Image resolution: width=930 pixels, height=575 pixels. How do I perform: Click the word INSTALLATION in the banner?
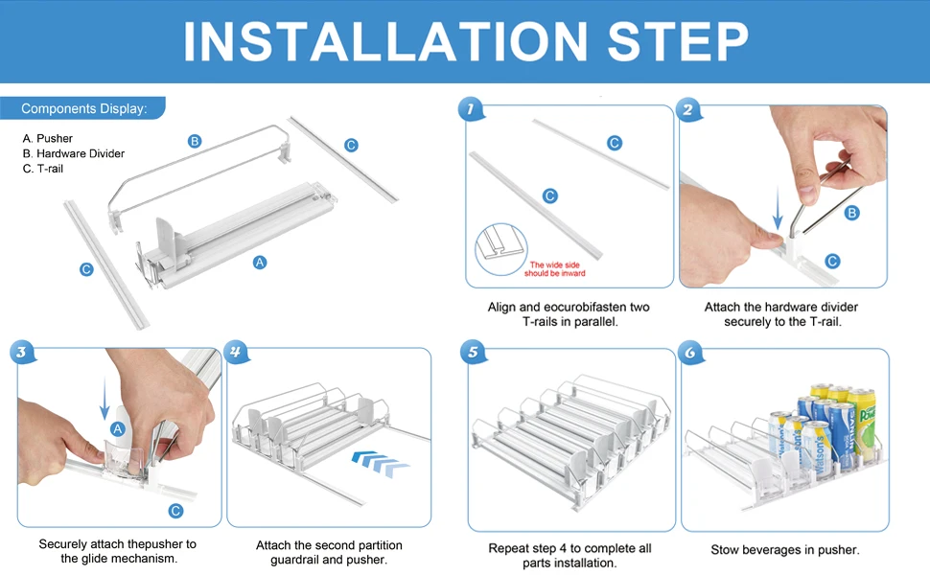[385, 41]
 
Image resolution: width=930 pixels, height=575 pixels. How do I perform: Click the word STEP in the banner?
[678, 41]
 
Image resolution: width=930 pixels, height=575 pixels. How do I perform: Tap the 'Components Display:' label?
[83, 108]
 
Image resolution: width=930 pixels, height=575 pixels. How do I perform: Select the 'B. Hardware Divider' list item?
[74, 153]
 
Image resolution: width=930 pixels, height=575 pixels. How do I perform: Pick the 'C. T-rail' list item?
[43, 169]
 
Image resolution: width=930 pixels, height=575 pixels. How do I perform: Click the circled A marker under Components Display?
[260, 262]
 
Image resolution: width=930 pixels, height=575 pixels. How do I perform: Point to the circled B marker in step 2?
[851, 213]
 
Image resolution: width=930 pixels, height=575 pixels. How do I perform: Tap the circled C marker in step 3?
[175, 511]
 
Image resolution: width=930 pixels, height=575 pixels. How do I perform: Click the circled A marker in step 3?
[117, 428]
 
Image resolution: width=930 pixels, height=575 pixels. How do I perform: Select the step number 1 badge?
[471, 109]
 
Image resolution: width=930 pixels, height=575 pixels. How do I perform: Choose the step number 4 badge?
[236, 352]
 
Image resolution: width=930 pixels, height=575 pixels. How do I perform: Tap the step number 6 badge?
[690, 353]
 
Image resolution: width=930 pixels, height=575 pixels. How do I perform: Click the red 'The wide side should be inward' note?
[554, 269]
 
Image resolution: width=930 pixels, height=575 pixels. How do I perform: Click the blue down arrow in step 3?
[105, 398]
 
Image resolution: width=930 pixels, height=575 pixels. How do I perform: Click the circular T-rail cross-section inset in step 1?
[501, 249]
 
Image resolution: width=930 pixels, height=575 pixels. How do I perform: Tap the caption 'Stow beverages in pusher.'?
[784, 549]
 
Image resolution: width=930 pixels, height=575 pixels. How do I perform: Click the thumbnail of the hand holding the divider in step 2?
[783, 196]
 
